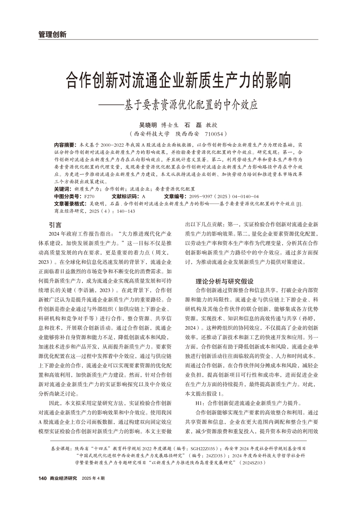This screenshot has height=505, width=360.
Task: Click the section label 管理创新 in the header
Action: [x=52, y=34]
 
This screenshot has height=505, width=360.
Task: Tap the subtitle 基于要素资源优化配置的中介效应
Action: [x=190, y=105]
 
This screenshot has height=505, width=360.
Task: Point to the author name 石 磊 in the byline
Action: [x=193, y=125]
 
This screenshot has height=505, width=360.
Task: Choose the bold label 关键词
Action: [x=62, y=189]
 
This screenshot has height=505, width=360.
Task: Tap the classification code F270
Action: [x=89, y=196]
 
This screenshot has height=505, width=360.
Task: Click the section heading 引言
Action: [x=55, y=225]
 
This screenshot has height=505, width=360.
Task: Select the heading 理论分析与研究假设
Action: [x=225, y=281]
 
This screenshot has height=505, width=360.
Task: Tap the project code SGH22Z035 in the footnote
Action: [x=208, y=448]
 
